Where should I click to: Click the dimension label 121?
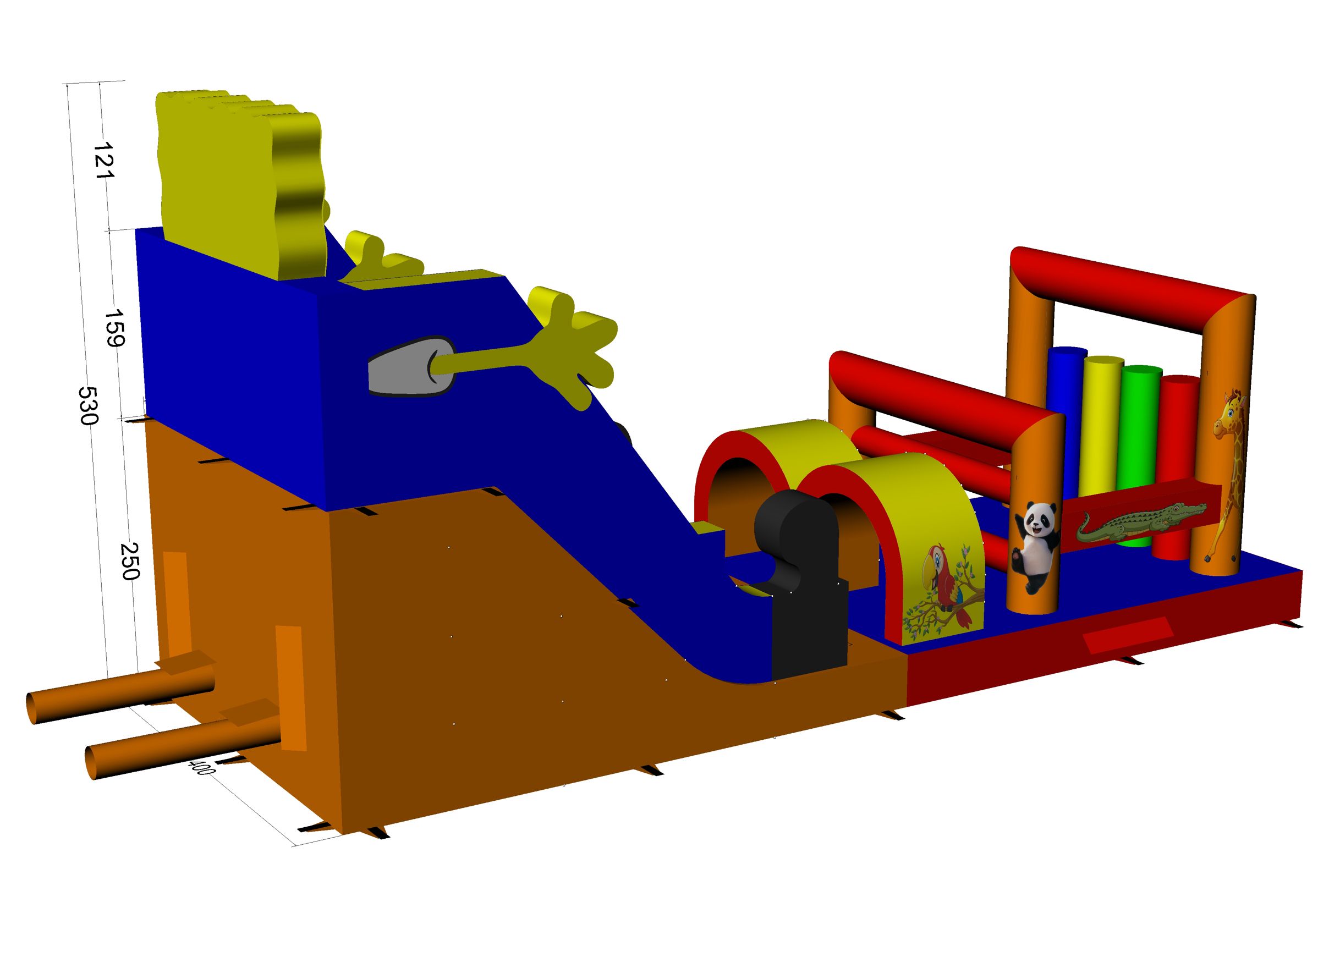[104, 160]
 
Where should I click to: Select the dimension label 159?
[114, 328]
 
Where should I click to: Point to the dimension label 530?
[88, 405]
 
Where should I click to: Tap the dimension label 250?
[130, 562]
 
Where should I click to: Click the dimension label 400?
[201, 767]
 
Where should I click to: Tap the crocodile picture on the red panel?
[1140, 522]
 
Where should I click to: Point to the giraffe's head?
[1229, 414]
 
